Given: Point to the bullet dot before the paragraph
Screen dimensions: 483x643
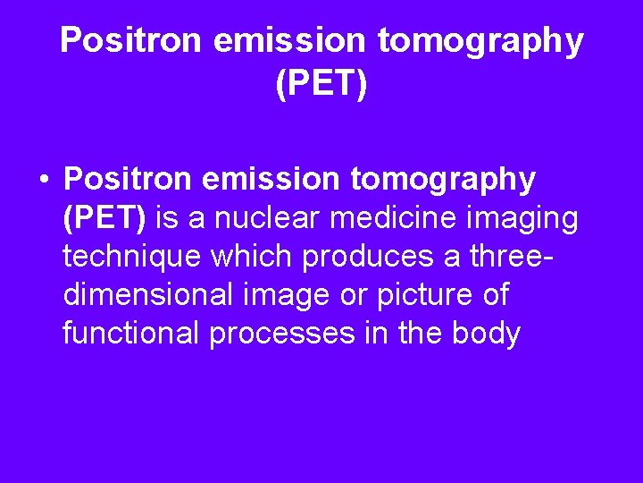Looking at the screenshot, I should point(43,181).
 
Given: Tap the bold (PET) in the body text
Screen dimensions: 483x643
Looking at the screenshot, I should point(106,219).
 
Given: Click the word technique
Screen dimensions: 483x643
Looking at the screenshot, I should point(132,258).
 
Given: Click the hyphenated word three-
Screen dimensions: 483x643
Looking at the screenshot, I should point(510,257).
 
